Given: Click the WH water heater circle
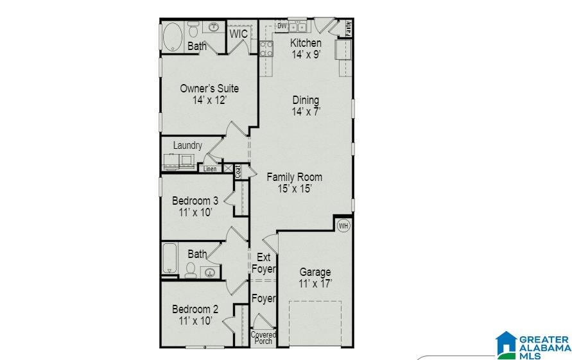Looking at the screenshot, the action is (343, 226).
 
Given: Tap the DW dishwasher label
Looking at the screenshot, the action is (282, 26).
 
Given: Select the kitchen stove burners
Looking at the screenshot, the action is (266, 49).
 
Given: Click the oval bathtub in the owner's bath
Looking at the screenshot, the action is (173, 37).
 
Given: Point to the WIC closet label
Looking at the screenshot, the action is (239, 34).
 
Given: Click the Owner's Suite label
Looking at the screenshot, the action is (209, 89).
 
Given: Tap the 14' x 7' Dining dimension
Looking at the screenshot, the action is (306, 112).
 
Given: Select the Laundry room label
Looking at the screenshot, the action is (187, 145).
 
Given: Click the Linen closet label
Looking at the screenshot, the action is (210, 169).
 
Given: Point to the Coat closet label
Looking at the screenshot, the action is (238, 171).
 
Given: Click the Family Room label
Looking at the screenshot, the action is (295, 177).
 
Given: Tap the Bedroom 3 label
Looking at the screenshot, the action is (195, 201).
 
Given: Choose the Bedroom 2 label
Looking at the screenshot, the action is (195, 309).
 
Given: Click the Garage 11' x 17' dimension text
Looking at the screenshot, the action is (315, 284).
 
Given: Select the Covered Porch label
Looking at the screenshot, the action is (263, 338).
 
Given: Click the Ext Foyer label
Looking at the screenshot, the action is (263, 263).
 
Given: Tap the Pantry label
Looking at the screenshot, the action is (348, 28).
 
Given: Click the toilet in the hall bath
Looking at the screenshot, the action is (191, 270).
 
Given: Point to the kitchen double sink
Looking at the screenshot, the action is (297, 26).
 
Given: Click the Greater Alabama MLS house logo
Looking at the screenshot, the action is (506, 345).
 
